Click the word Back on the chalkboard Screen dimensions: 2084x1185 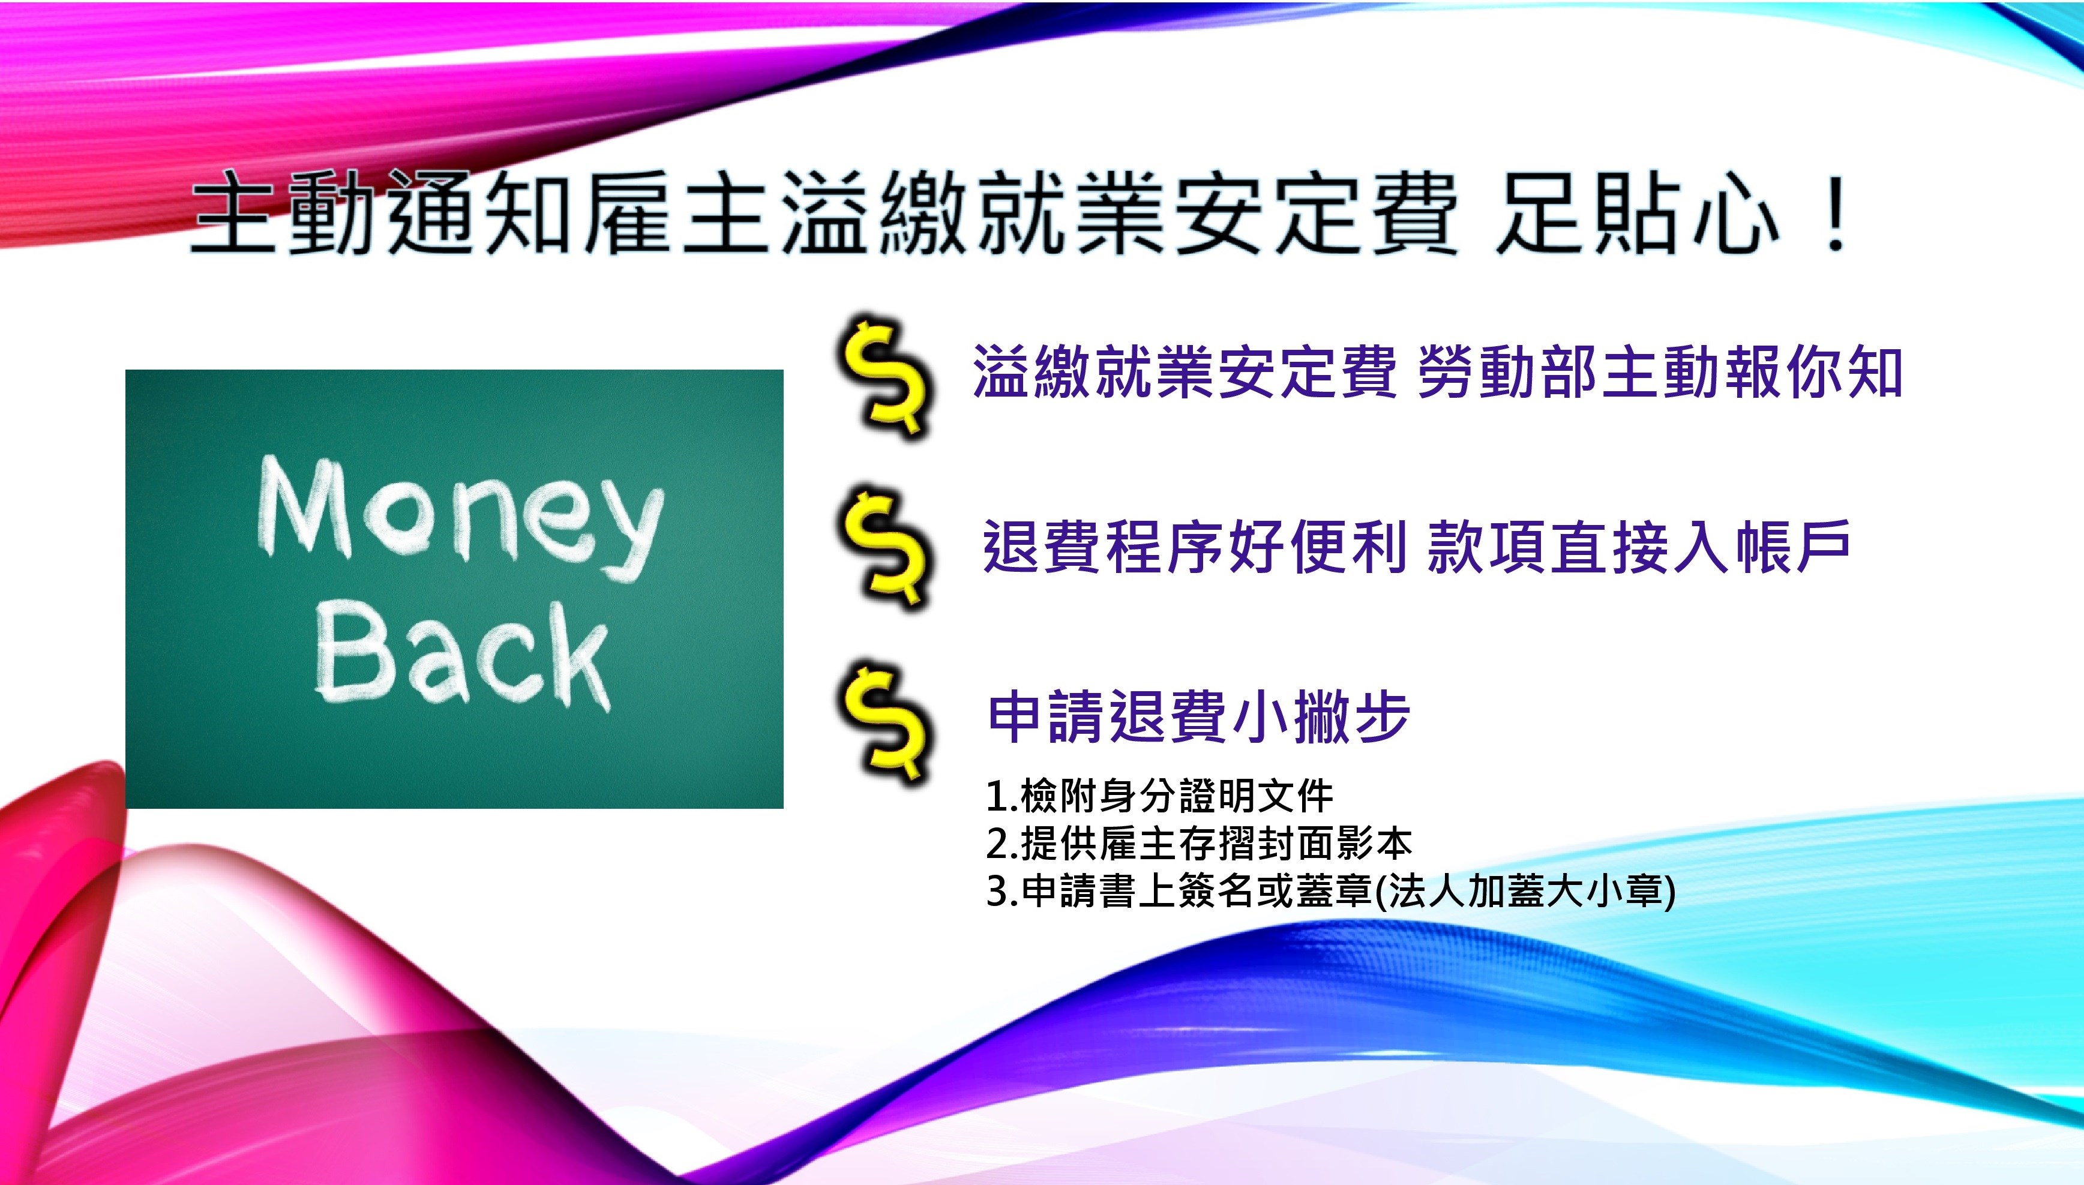click(462, 656)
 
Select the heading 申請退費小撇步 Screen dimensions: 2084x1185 click(1198, 717)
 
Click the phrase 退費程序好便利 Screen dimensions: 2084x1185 click(1195, 546)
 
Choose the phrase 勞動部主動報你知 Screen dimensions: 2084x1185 click(1660, 372)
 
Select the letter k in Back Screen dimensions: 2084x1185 click(574, 659)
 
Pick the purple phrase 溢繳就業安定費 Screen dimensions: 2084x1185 click(1185, 372)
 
